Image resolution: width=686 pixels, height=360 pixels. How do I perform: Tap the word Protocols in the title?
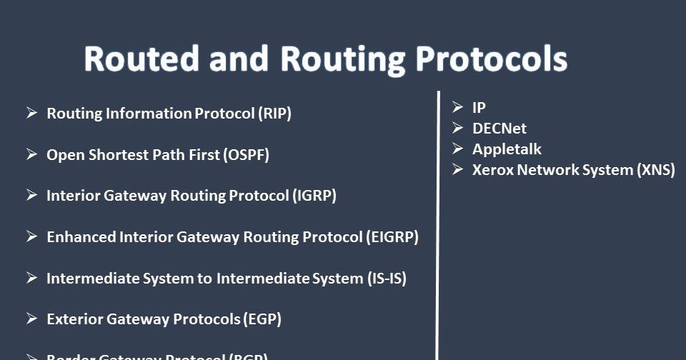(x=491, y=59)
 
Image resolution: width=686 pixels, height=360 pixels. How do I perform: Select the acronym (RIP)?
(x=275, y=114)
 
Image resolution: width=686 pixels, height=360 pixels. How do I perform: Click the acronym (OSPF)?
(x=247, y=155)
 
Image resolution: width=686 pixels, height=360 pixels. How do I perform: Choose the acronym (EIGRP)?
(x=392, y=237)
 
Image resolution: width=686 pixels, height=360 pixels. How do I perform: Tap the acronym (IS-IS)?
(x=387, y=279)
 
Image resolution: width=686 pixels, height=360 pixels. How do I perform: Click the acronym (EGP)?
(x=262, y=319)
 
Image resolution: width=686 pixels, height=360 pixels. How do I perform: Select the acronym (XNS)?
(x=656, y=170)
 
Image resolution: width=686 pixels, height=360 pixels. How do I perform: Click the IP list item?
(x=479, y=108)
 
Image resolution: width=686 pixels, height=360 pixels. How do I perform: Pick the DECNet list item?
(x=499, y=129)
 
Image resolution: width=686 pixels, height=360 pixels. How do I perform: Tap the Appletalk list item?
(x=507, y=149)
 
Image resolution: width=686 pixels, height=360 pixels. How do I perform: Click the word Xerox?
(x=492, y=170)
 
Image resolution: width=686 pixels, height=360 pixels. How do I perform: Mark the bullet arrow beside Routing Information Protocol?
(x=31, y=113)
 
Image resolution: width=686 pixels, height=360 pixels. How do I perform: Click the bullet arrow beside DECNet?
(x=458, y=128)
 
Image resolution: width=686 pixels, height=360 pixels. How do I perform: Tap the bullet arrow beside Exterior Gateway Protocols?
(x=31, y=319)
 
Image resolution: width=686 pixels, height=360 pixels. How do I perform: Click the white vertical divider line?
(x=437, y=229)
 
